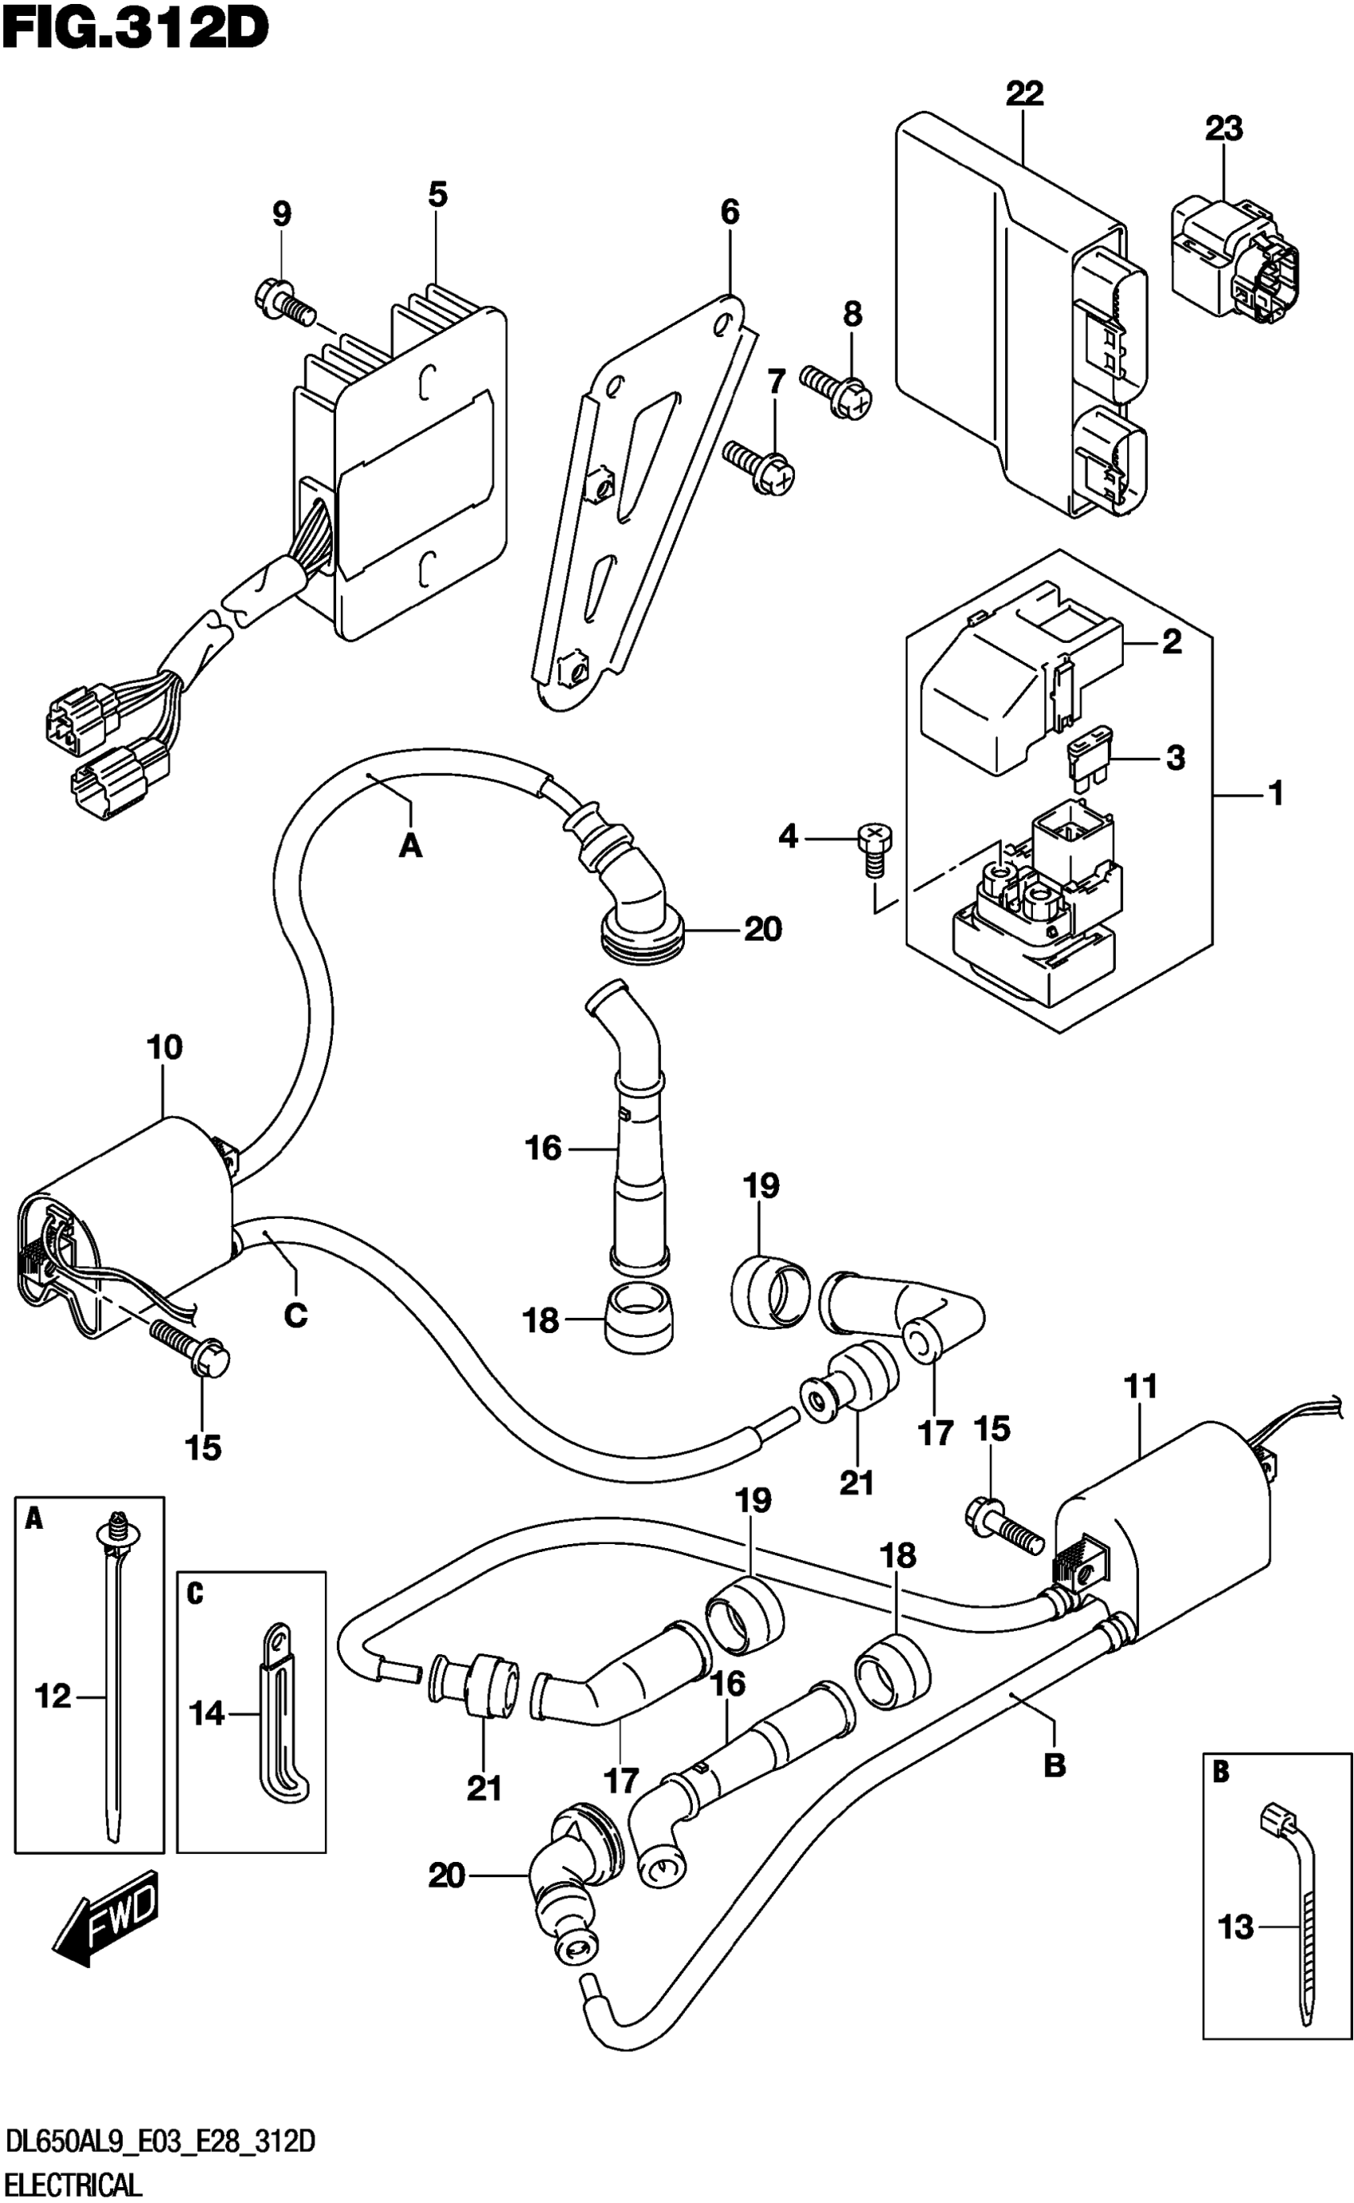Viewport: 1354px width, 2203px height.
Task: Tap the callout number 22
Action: coord(1024,93)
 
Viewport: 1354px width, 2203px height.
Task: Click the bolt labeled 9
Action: coord(285,303)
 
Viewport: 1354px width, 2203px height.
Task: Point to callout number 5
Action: coord(437,194)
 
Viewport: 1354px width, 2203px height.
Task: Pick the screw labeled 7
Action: coord(759,465)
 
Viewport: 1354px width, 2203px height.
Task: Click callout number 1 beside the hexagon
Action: coord(1277,794)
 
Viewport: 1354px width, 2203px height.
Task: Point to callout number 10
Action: coord(165,1047)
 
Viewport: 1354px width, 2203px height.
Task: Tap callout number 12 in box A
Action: coord(53,1695)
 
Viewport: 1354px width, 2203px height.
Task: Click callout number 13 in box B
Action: coord(1236,1927)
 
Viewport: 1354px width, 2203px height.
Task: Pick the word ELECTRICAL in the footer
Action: coord(73,2186)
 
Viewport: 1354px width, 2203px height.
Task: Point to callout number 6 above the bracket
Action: coord(730,212)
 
